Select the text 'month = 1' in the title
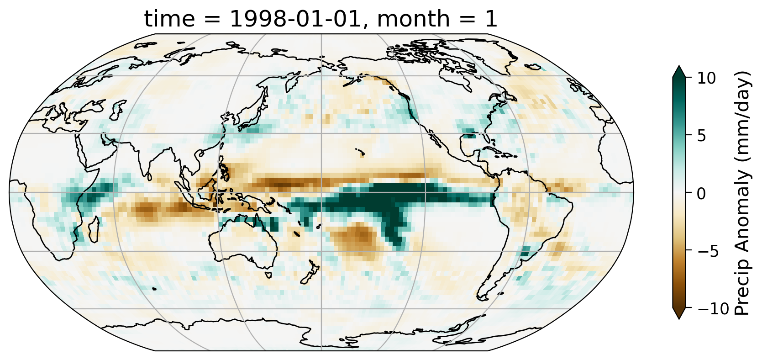[x=438, y=20]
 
